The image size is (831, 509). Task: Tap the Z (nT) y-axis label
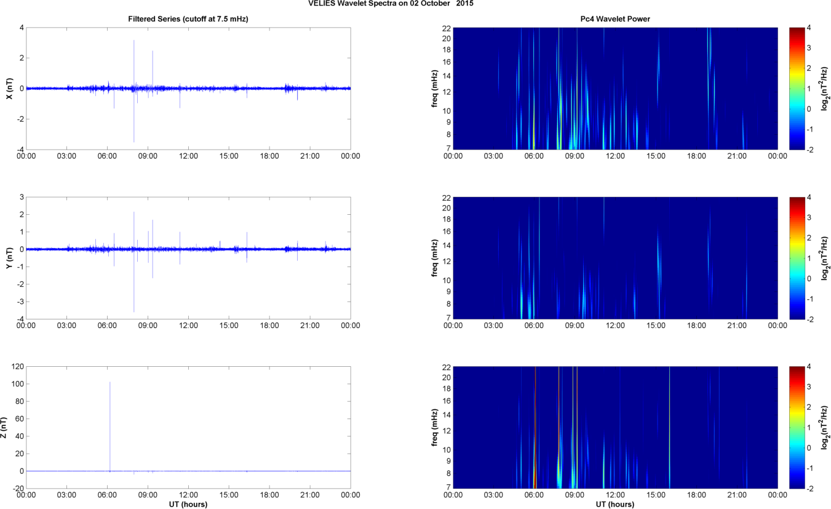click(4, 427)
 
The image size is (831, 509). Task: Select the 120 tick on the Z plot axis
click(16, 367)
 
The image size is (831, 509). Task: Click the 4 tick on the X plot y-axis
click(21, 28)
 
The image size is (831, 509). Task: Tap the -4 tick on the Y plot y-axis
click(19, 319)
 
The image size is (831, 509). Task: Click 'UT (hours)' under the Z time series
click(188, 505)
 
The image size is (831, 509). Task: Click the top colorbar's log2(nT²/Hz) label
click(826, 88)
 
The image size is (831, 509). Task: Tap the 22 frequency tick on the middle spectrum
click(446, 198)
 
